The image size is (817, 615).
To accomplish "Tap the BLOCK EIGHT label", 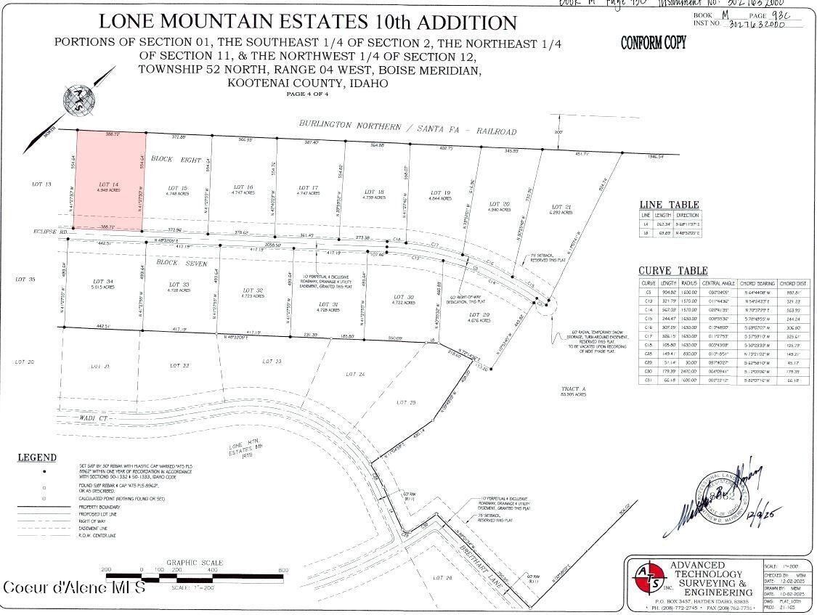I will (x=175, y=158).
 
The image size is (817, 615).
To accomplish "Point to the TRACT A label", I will (x=573, y=390).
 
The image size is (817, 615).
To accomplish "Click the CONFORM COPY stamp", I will (x=653, y=44).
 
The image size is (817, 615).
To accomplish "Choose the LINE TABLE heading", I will (x=668, y=205).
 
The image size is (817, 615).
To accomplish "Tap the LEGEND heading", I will (x=37, y=457).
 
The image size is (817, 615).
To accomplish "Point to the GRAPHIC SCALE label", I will (x=195, y=562).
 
